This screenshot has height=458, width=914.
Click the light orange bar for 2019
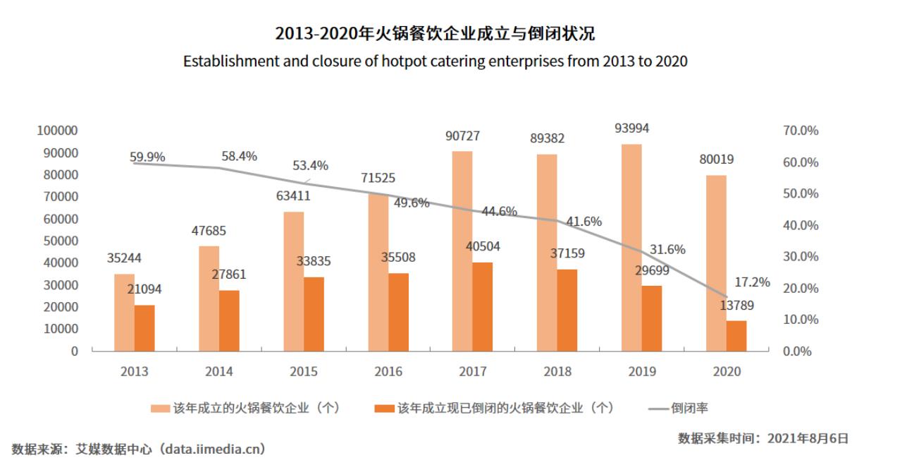[631, 247]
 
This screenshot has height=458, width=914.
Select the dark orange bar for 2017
[482, 306]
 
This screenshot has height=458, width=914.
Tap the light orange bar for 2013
[124, 312]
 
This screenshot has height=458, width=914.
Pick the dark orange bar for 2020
[736, 335]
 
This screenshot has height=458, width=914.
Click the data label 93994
[631, 128]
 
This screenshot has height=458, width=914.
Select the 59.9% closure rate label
[147, 157]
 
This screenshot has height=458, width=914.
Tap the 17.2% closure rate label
[752, 282]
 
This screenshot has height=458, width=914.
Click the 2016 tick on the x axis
[388, 371]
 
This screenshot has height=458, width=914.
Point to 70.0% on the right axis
[801, 131]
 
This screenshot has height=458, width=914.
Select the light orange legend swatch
[160, 409]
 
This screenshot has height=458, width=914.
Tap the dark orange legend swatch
[384, 409]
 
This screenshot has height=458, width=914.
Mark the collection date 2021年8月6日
[811, 438]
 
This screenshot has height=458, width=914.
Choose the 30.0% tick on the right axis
[801, 257]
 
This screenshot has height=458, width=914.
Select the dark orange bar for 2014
[229, 320]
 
